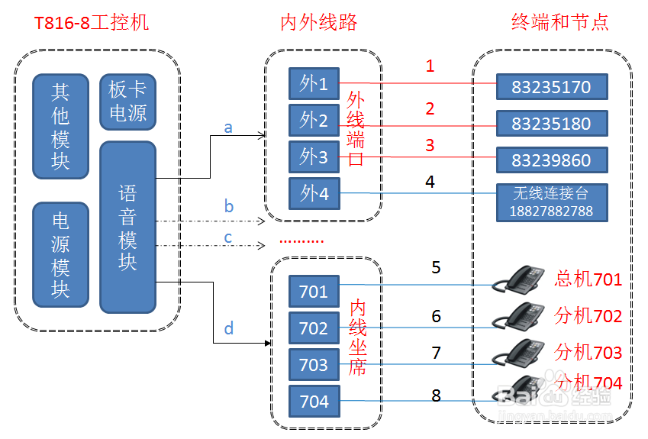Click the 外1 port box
click(314, 83)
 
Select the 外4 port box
click(314, 193)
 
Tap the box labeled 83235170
click(551, 87)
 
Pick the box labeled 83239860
click(551, 160)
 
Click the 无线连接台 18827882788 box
click(551, 202)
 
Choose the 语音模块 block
click(127, 227)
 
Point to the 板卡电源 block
click(127, 102)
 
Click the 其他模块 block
click(60, 127)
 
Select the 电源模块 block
click(60, 254)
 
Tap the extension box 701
click(314, 292)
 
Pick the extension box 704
click(314, 402)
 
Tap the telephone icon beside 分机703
click(523, 352)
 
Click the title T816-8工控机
click(92, 22)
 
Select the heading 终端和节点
click(559, 22)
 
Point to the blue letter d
click(228, 329)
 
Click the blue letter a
click(228, 128)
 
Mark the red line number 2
click(430, 108)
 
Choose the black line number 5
click(436, 267)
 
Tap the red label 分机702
click(588, 316)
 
